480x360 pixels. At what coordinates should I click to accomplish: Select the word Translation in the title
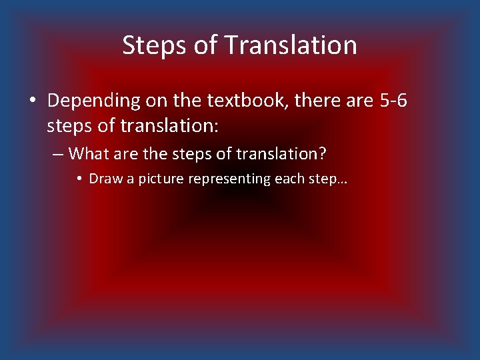291,45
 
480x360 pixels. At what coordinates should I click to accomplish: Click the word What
88,154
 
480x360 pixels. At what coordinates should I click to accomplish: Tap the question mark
323,154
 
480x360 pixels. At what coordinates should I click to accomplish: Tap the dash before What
58,155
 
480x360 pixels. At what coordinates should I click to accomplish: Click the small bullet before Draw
79,179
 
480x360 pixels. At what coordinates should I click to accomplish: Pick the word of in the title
207,45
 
